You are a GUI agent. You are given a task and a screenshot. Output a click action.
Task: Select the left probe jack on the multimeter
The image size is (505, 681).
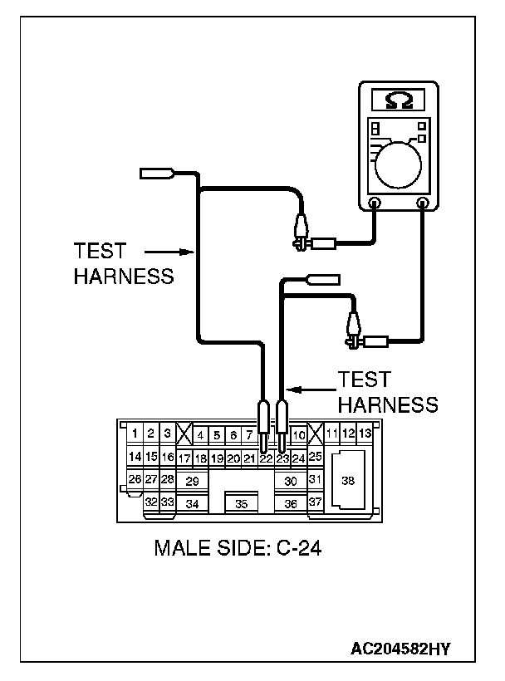click(x=375, y=202)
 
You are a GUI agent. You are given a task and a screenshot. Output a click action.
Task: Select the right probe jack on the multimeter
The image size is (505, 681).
click(x=423, y=202)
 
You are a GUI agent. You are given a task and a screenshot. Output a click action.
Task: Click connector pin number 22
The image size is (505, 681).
click(x=265, y=458)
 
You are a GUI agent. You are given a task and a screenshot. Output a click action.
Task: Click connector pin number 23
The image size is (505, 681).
click(x=282, y=458)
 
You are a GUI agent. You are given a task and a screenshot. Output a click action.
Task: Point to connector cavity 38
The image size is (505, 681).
click(x=348, y=480)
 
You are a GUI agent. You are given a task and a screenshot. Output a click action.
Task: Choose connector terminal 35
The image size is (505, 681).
click(x=242, y=503)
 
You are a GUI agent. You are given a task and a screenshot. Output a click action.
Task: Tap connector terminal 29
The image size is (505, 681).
click(x=192, y=481)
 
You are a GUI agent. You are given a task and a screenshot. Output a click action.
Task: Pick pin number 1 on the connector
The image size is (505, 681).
click(x=135, y=434)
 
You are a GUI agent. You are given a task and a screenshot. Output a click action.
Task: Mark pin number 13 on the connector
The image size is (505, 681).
click(x=365, y=434)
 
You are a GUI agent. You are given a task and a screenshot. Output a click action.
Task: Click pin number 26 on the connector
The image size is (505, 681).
click(x=135, y=479)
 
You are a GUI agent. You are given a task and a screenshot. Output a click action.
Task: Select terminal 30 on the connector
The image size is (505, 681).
click(x=290, y=481)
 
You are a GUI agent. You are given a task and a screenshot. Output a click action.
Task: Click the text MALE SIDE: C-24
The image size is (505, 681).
click(x=238, y=548)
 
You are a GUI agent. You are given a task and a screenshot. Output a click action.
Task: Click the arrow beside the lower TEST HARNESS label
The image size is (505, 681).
click(x=309, y=389)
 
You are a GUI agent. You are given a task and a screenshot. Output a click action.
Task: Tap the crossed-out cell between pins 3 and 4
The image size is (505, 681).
click(x=184, y=434)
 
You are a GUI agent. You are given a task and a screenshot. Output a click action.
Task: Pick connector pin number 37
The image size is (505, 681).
click(x=315, y=502)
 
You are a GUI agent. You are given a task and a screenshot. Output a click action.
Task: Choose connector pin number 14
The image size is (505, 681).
click(x=135, y=457)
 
